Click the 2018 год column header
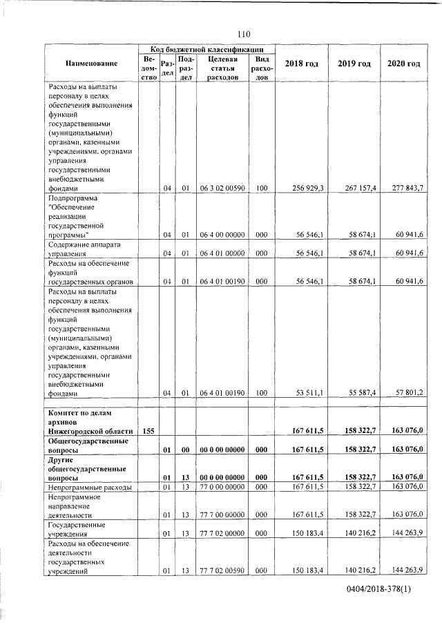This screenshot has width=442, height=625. click(301, 64)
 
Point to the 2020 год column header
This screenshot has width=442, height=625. click(403, 64)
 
